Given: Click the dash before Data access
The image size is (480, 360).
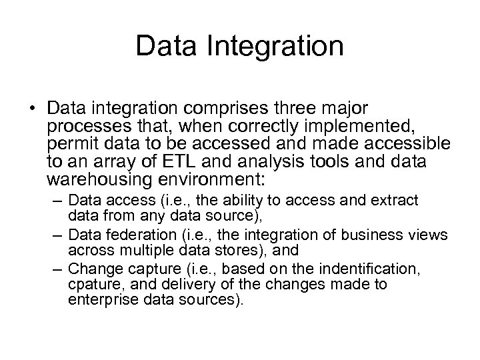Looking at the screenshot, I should [x=58, y=201].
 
